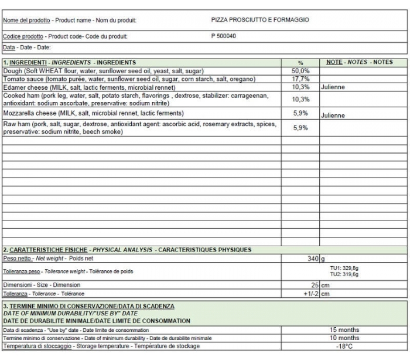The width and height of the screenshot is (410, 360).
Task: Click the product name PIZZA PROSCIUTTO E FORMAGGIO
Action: pos(260,20)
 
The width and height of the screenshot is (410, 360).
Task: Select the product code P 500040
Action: pos(224,36)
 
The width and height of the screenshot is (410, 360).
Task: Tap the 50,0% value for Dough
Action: pos(300,70)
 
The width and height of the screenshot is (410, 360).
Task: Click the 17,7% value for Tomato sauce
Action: pos(300,79)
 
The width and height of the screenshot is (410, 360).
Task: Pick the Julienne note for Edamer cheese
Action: pos(333,87)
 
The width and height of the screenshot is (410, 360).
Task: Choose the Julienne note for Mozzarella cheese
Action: pos(333,116)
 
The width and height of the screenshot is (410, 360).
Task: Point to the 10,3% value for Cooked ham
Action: pos(300,99)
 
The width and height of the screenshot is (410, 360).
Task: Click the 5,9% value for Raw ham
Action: pos(300,127)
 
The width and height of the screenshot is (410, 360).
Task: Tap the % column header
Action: pos(300,62)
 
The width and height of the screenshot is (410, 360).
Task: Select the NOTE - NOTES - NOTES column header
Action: pos(359,62)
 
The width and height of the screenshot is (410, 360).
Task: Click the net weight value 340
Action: pos(312,259)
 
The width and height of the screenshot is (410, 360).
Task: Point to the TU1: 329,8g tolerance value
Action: pos(344,268)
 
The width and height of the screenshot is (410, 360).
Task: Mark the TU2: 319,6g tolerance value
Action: pos(344,274)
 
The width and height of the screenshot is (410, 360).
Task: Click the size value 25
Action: pos(314,285)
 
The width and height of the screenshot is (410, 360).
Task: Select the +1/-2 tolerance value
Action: pos(311,294)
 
